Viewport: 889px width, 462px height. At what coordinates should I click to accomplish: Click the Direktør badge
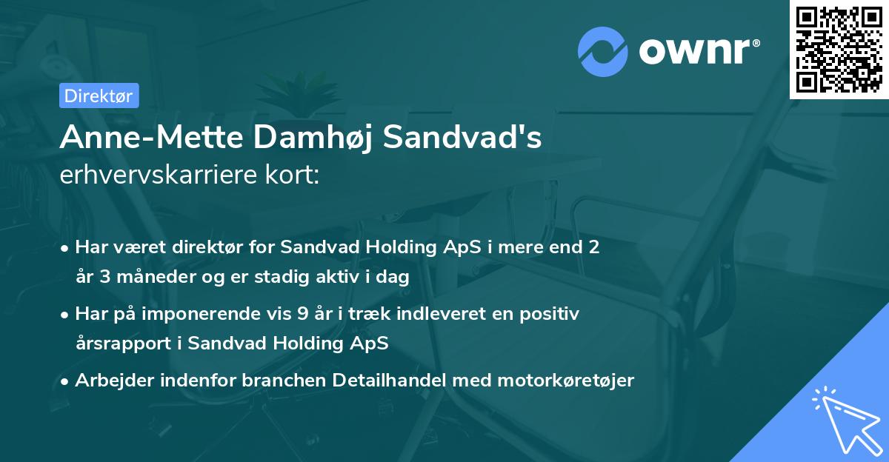coord(98,96)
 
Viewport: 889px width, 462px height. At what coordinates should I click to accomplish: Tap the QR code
coord(839,50)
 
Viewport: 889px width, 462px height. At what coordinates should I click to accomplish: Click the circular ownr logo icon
coord(603,52)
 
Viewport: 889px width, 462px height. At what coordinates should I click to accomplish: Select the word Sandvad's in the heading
coord(462,137)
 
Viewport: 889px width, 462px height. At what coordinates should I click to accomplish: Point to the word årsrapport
coord(126,344)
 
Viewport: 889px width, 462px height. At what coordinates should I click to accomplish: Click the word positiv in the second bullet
coord(550,314)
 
